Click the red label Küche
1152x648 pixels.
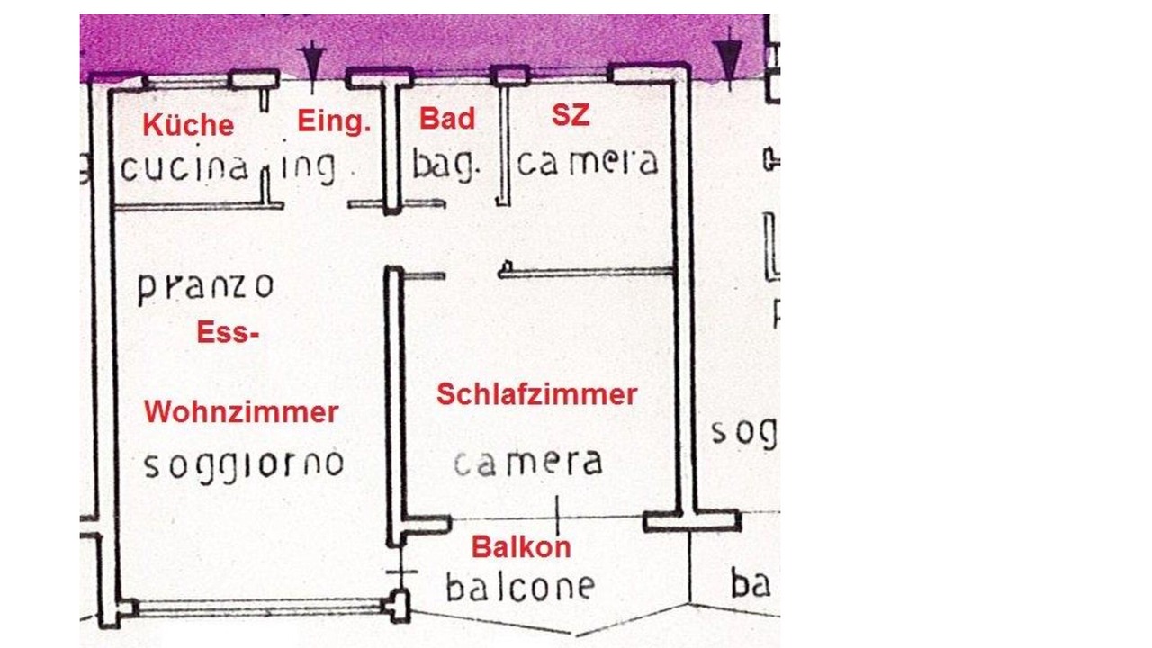tap(188, 125)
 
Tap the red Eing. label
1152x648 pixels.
tap(334, 121)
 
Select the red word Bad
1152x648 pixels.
tap(447, 120)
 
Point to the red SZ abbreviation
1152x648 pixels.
tap(571, 116)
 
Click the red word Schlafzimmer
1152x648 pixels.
tap(536, 394)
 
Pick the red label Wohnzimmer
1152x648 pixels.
tap(241, 412)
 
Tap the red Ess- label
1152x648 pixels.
tap(228, 334)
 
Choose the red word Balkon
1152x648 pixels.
tap(521, 546)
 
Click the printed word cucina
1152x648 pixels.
tap(184, 168)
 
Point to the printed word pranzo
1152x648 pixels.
tap(205, 287)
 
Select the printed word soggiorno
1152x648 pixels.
tap(244, 464)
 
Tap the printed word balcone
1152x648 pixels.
tap(520, 587)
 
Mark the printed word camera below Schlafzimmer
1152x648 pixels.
tap(527, 463)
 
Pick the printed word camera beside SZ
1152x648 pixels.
tap(588, 163)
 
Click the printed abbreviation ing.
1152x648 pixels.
tap(308, 167)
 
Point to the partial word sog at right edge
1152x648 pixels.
tap(743, 433)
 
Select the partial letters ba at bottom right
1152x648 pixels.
tap(751, 585)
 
